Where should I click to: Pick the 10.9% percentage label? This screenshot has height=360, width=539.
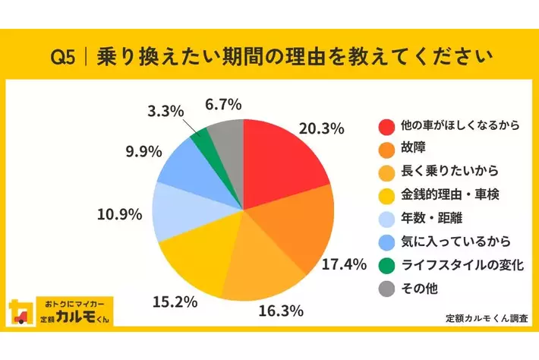pos(120,214)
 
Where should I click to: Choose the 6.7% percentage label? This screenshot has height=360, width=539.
pos(224,103)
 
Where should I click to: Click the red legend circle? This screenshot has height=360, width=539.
pos(386,125)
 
